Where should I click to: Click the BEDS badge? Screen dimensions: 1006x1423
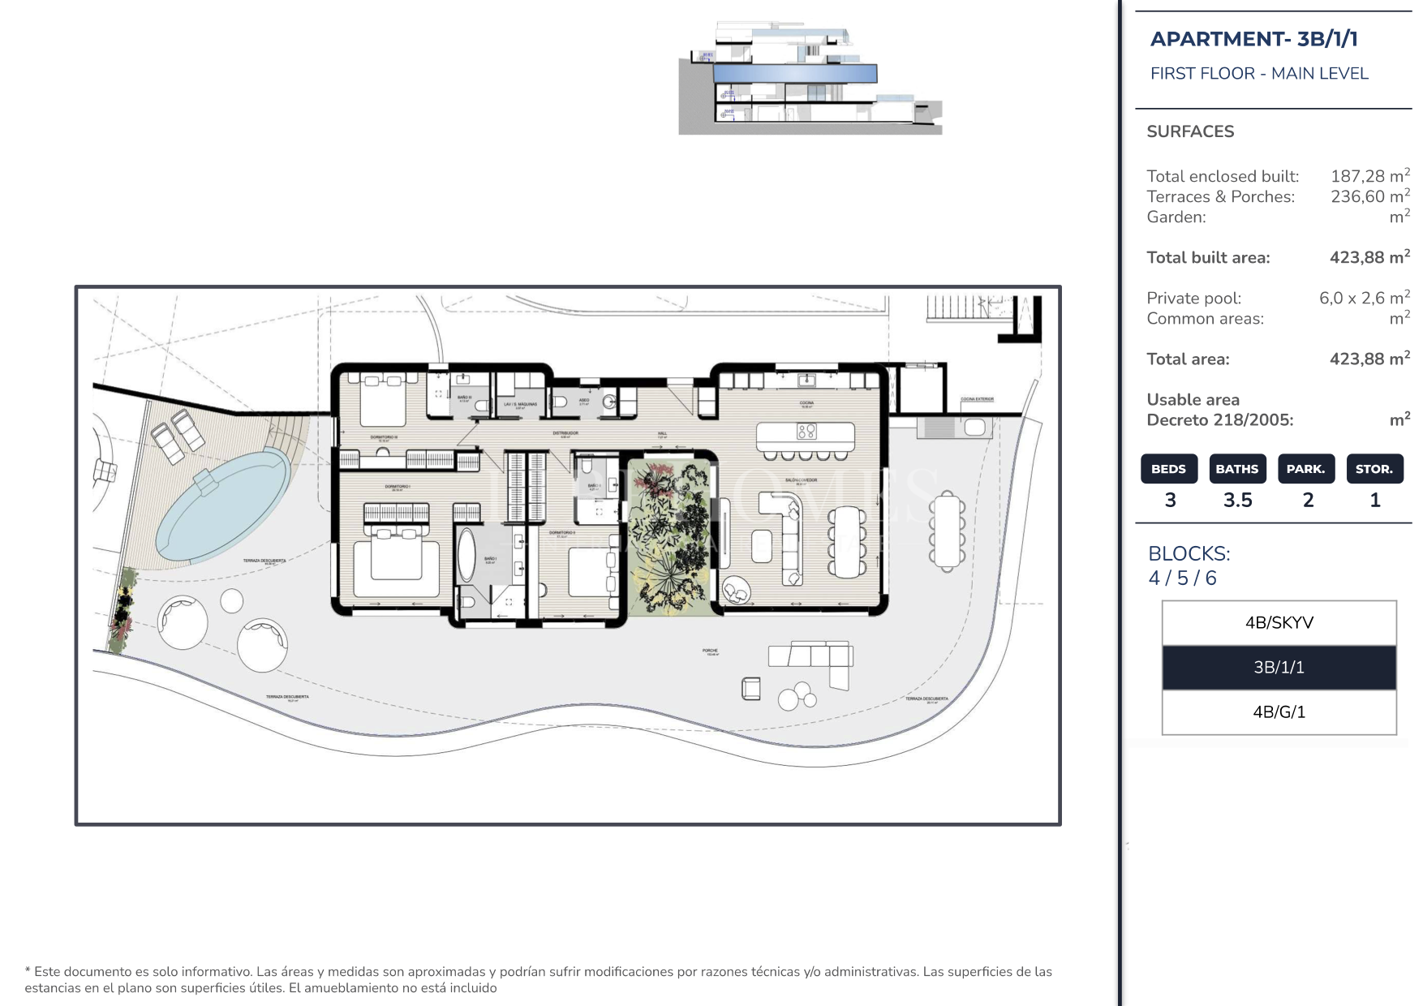tap(1168, 469)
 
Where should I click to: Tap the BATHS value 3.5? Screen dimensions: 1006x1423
tap(1237, 501)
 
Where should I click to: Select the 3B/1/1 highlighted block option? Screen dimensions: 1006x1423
tap(1279, 668)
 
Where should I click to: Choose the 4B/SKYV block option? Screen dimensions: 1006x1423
tap(1279, 623)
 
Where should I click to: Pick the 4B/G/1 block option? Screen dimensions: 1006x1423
tap(1279, 712)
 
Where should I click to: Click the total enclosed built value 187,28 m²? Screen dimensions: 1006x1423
tap(1369, 176)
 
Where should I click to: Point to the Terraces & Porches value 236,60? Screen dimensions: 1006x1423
tap(1369, 196)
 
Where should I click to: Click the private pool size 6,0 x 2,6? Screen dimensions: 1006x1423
tap(1363, 298)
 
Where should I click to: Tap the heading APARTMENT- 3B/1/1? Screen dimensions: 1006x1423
tap(1253, 39)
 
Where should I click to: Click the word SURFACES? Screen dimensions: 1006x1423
tap(1190, 131)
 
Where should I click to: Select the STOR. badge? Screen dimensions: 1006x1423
tap(1374, 469)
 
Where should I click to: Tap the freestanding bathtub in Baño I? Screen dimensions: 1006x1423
tap(466, 555)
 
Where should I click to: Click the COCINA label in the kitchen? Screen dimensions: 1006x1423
tap(806, 402)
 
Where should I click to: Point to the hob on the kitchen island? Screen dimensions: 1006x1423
tap(806, 432)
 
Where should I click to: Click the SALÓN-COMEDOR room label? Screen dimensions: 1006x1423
tap(801, 480)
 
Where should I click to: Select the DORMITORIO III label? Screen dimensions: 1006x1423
tap(384, 437)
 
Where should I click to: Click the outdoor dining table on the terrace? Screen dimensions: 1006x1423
tap(947, 531)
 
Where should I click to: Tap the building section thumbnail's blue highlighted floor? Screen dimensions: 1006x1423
tap(795, 74)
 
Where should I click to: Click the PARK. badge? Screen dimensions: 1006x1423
tap(1305, 469)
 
